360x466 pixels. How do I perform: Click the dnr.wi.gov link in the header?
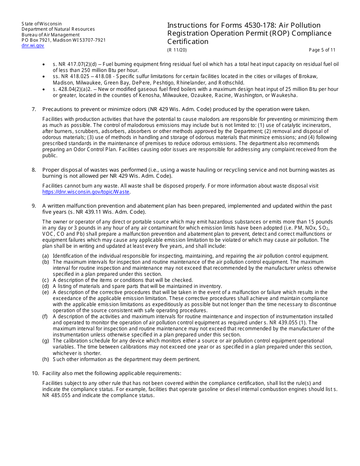(33, 45)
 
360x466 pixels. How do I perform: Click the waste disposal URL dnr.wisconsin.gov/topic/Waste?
(86, 192)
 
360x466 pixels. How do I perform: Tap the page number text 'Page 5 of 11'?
(322, 50)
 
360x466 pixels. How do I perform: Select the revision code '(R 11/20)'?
(177, 50)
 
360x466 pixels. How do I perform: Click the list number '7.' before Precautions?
(34, 109)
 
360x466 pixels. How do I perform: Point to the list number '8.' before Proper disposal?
(34, 170)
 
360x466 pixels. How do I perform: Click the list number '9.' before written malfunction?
(34, 206)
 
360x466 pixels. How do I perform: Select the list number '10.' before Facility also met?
(35, 373)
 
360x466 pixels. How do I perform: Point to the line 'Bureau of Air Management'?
(50, 35)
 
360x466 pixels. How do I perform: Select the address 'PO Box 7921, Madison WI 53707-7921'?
(64, 40)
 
